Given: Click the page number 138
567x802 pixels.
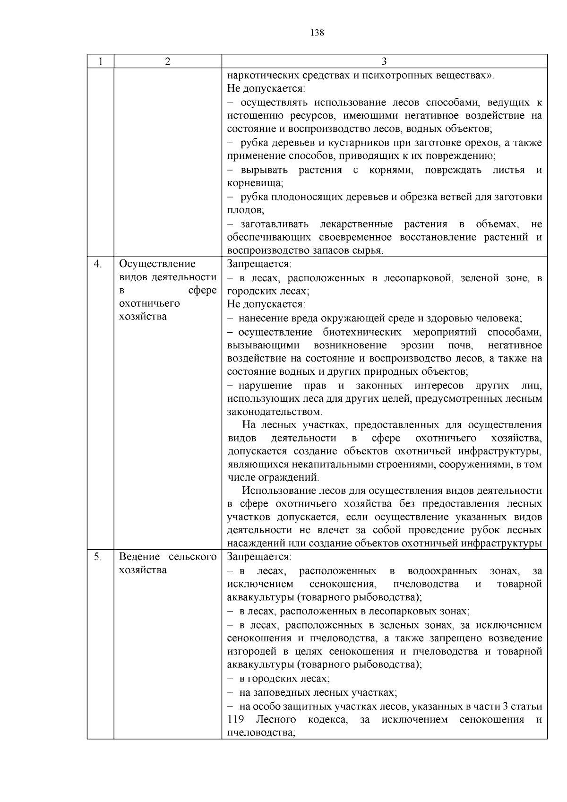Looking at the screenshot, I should click(317, 33).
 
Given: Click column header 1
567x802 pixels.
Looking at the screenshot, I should click(100, 61).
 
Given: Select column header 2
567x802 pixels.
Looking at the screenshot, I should click(167, 61).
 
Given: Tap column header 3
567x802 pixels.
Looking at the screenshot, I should click(384, 61).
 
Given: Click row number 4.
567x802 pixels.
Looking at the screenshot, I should click(98, 264).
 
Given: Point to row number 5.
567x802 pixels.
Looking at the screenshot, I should click(98, 557).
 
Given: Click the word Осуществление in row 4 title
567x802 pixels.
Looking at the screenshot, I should click(157, 264).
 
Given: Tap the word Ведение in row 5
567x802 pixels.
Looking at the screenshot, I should click(138, 557).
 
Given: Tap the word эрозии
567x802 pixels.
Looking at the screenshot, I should click(417, 345).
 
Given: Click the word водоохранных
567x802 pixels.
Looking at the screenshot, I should click(442, 571).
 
